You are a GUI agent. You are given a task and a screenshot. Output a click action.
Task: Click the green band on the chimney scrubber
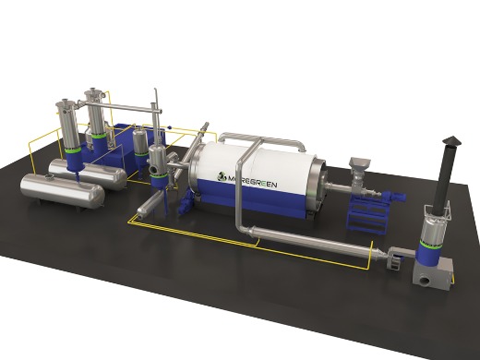430,244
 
